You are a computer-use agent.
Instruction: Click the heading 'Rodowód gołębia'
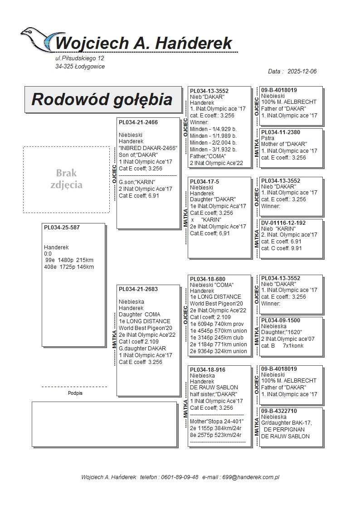102,99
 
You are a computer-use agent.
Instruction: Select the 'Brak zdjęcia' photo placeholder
66,179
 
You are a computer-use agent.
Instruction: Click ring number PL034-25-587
62,228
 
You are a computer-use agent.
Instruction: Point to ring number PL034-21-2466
138,122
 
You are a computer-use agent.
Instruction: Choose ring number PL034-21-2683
138,289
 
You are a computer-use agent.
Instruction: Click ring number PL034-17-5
204,181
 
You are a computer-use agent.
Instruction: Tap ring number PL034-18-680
208,279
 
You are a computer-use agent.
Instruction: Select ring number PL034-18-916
208,370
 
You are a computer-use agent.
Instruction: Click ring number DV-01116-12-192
283,223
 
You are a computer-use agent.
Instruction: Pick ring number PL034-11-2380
281,132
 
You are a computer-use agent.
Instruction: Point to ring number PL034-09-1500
281,320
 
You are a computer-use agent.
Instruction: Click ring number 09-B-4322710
279,411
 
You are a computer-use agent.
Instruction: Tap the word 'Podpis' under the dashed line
75,393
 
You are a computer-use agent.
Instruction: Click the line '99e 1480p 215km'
69,260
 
